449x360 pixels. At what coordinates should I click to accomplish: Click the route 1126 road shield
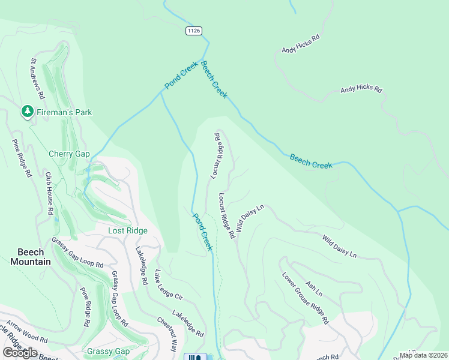pyautogui.click(x=193, y=31)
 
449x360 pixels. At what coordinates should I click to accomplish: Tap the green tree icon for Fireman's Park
pyautogui.click(x=27, y=112)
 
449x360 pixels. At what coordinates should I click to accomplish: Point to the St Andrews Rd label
pyautogui.click(x=38, y=78)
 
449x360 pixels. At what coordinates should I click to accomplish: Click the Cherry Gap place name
pyautogui.click(x=68, y=154)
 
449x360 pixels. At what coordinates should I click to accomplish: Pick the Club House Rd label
pyautogui.click(x=49, y=194)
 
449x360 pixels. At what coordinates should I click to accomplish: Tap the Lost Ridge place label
pyautogui.click(x=127, y=230)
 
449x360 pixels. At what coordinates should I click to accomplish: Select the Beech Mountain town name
pyautogui.click(x=30, y=257)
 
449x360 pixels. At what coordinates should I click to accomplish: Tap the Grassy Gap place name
pyautogui.click(x=108, y=351)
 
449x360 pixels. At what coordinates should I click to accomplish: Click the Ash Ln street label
pyautogui.click(x=314, y=289)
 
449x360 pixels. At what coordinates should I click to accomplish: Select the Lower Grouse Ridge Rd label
pyautogui.click(x=305, y=298)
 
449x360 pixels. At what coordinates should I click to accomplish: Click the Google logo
pyautogui.click(x=20, y=353)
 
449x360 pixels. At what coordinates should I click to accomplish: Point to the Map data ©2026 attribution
pyautogui.click(x=424, y=355)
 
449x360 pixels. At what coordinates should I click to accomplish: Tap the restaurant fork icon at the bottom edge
pyautogui.click(x=194, y=358)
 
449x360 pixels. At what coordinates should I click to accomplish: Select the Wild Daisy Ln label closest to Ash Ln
pyautogui.click(x=339, y=247)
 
